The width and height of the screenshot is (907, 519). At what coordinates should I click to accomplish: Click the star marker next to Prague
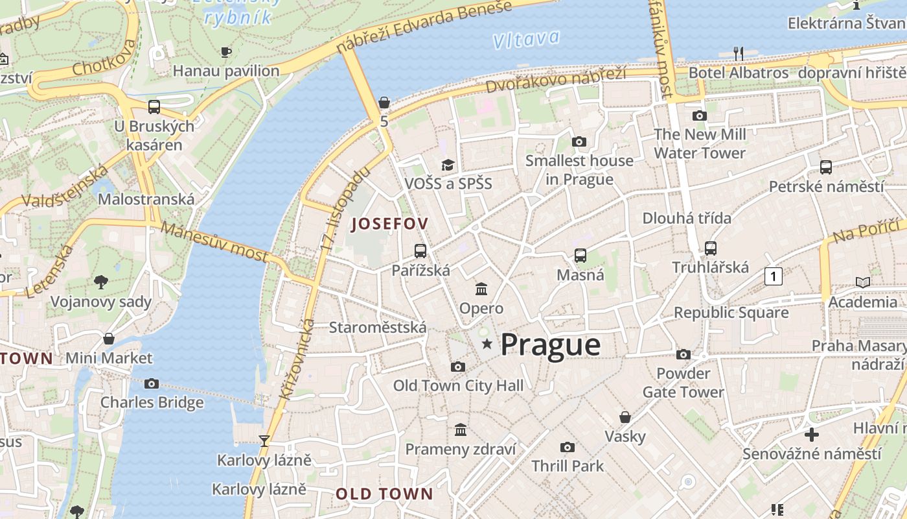pyautogui.click(x=487, y=344)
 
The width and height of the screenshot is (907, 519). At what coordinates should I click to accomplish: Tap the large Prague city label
pyautogui.click(x=551, y=345)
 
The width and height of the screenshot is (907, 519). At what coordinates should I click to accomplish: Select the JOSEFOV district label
pyautogui.click(x=389, y=224)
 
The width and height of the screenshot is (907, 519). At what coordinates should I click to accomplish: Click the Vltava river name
pyautogui.click(x=526, y=39)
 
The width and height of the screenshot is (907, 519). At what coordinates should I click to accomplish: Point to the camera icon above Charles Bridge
pyautogui.click(x=152, y=383)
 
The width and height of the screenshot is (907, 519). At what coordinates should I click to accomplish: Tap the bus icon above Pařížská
pyautogui.click(x=420, y=250)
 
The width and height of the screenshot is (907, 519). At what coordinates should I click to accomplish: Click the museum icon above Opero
pyautogui.click(x=481, y=289)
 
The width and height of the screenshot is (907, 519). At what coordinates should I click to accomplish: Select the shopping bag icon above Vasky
pyautogui.click(x=625, y=416)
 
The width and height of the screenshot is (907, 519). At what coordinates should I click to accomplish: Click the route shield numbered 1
pyautogui.click(x=773, y=276)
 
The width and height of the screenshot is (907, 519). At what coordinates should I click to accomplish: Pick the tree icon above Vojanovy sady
pyautogui.click(x=101, y=282)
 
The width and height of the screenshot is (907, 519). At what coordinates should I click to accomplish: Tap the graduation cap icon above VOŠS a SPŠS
pyautogui.click(x=448, y=165)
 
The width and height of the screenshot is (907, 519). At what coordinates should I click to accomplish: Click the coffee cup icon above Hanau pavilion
pyautogui.click(x=225, y=52)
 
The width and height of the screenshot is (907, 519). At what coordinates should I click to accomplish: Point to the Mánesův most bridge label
pyautogui.click(x=213, y=241)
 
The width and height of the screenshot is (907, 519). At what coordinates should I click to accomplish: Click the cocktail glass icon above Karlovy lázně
pyautogui.click(x=264, y=441)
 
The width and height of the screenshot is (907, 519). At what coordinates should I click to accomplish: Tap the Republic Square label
pyautogui.click(x=731, y=313)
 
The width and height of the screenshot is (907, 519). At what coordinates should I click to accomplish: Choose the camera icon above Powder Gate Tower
pyautogui.click(x=683, y=354)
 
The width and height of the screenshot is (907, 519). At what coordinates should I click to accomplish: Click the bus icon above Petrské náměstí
pyautogui.click(x=826, y=167)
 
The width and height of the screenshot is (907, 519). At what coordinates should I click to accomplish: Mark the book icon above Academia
pyautogui.click(x=862, y=282)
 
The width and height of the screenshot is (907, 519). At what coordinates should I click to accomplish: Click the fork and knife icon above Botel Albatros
pyautogui.click(x=738, y=53)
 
